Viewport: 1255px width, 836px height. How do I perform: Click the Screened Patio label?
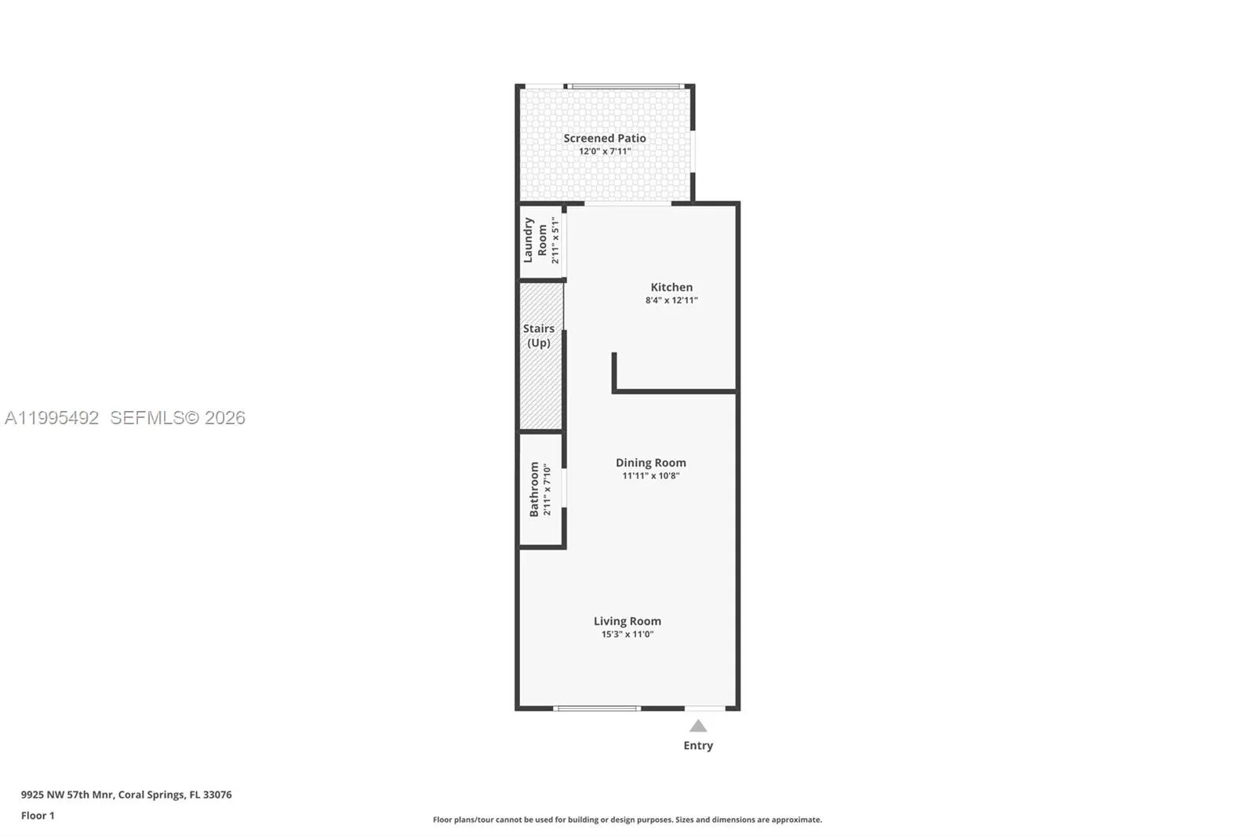point(604,138)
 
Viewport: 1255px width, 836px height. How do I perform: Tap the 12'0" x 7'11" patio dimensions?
point(604,151)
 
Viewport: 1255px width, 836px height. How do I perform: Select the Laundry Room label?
point(535,240)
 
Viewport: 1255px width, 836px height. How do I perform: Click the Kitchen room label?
point(671,287)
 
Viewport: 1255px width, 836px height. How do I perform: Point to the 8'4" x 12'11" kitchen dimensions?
point(671,300)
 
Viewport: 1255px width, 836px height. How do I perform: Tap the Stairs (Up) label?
point(539,336)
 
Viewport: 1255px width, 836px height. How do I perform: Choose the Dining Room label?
point(650,463)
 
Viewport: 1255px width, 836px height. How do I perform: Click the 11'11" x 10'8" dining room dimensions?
point(650,476)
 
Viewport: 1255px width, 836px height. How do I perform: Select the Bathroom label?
point(534,489)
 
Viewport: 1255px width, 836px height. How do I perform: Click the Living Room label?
point(627,621)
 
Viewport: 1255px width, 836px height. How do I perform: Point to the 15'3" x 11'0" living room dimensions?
point(627,634)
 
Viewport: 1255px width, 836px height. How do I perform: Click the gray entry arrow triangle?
point(698,726)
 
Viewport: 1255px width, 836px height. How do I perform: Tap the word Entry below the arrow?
point(698,746)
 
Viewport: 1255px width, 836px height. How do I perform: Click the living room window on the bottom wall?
point(597,708)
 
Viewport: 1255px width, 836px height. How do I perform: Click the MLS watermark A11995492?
point(52,418)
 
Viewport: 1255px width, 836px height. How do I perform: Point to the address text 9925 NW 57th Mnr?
point(67,794)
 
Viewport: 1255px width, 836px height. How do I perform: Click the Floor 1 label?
point(38,816)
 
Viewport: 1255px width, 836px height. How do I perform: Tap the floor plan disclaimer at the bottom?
point(627,820)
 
